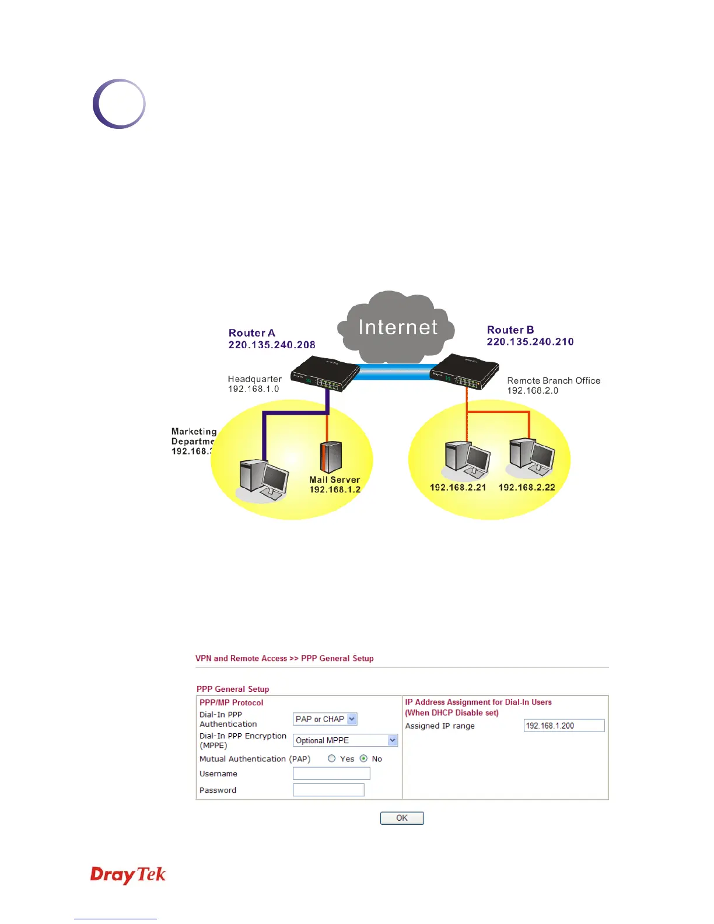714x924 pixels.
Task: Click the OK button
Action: coord(402,818)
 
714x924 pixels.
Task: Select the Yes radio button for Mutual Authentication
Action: coord(332,758)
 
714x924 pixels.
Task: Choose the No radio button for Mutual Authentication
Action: coord(363,758)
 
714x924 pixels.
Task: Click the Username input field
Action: coord(331,773)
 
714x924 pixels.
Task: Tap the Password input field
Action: coord(328,790)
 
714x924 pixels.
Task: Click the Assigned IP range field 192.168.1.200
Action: coord(563,726)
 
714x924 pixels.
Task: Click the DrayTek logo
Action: coord(128,874)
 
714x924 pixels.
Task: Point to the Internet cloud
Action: coord(397,327)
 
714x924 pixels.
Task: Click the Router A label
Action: coord(251,333)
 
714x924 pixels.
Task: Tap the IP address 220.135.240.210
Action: coord(530,342)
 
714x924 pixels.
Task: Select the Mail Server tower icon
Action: coord(331,457)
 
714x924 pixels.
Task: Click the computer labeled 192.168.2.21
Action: coord(467,461)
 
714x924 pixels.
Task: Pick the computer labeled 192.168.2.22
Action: coord(531,458)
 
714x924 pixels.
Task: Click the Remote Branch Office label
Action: coord(554,380)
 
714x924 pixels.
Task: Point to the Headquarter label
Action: coord(255,379)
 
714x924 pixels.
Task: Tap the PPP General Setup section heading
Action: coord(233,689)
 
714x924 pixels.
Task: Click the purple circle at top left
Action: coord(119,104)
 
